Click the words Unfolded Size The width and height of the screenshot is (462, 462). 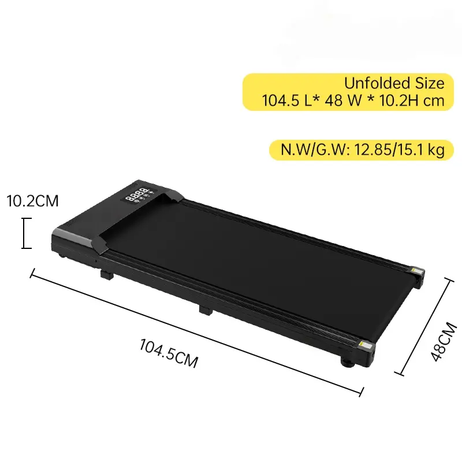coord(394,83)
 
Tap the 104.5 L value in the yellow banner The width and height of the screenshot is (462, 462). coord(288,100)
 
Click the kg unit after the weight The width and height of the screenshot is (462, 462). coord(436,150)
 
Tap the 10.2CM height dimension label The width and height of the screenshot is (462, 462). coord(32,201)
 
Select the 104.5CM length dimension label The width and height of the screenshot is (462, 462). coord(169,353)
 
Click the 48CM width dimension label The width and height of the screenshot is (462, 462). coord(443,341)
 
